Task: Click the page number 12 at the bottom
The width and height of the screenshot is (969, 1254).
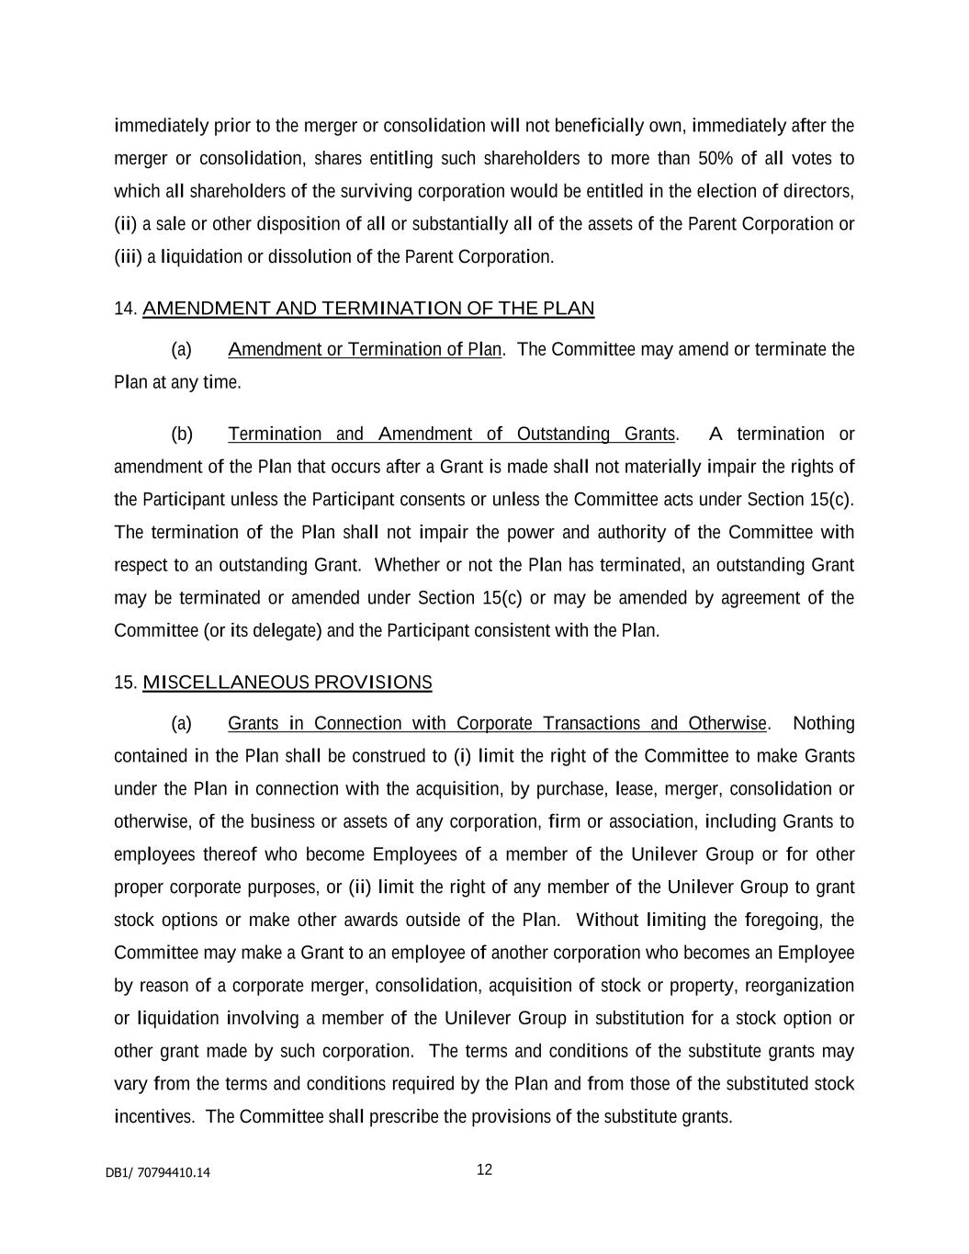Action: point(484,1169)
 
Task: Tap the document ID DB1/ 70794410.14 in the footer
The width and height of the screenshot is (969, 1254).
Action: point(157,1172)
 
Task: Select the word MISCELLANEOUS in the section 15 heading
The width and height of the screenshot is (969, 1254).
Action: point(226,683)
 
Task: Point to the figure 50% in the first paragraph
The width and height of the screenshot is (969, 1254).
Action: point(715,158)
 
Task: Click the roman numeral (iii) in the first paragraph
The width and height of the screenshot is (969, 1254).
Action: point(128,256)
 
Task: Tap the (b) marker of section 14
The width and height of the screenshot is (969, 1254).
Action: point(182,434)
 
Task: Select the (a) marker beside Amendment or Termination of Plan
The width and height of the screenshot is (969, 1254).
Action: point(182,349)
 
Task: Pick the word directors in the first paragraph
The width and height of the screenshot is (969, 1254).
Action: point(820,191)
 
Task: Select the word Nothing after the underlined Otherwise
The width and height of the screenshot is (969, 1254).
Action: point(823,723)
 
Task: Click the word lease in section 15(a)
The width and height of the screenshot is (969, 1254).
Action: point(636,789)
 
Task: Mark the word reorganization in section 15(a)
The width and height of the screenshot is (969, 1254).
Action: point(799,986)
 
